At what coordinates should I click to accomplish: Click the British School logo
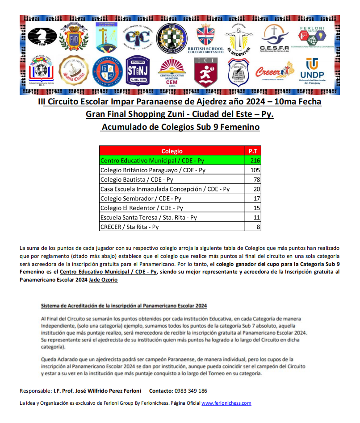click(x=206, y=38)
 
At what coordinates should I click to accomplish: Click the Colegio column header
click(x=172, y=151)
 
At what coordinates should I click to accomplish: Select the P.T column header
click(x=253, y=151)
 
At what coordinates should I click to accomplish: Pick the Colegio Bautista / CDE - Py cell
click(x=137, y=179)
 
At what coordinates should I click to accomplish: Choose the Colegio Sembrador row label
click(x=141, y=199)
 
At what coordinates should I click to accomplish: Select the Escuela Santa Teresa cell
click(x=148, y=217)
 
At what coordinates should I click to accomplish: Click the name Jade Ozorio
click(x=104, y=280)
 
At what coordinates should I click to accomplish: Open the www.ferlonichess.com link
click(x=226, y=403)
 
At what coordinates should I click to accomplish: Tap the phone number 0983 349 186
click(x=190, y=391)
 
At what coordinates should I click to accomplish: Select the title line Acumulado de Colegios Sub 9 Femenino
click(x=180, y=127)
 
